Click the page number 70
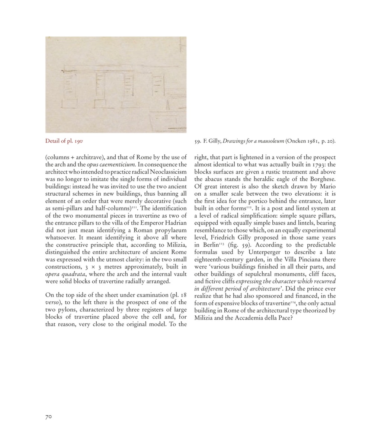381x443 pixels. (x=48, y=417)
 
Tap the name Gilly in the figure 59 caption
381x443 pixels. (x=214, y=141)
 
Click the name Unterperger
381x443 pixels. (x=260, y=252)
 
